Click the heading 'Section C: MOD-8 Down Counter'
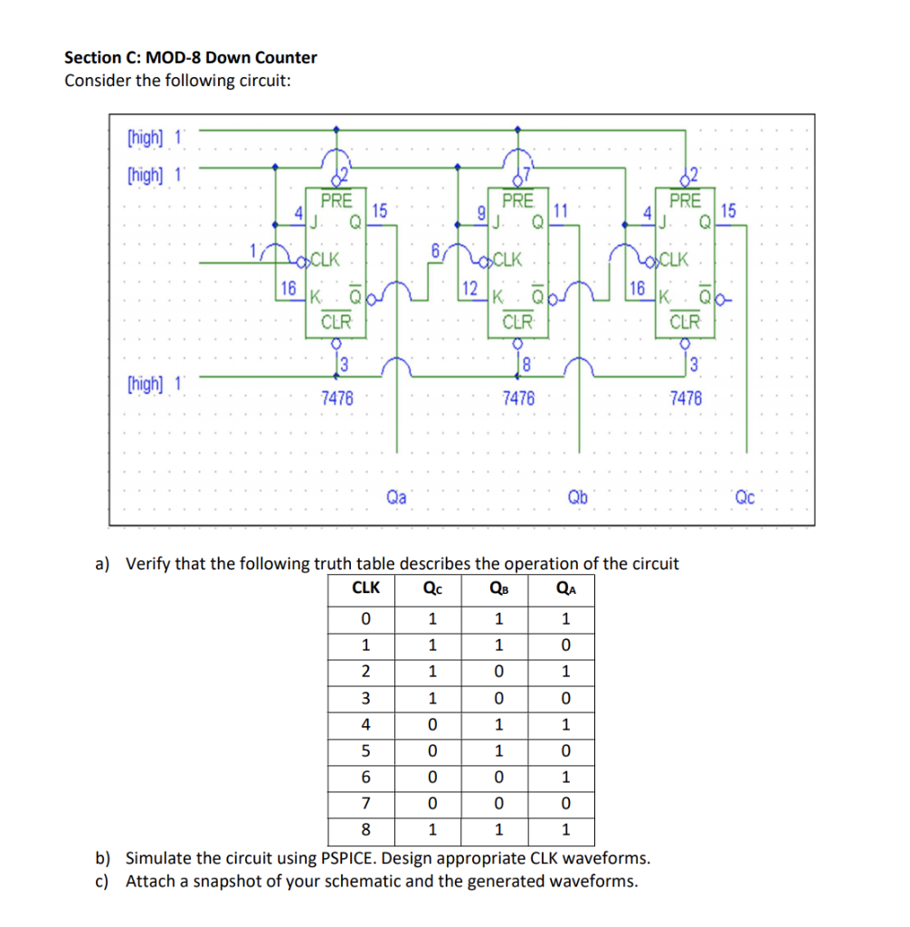(x=191, y=58)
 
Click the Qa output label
(x=396, y=496)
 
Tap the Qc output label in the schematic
(x=744, y=496)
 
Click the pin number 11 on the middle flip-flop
(x=561, y=211)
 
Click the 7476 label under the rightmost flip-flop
(x=685, y=397)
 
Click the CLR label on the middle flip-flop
(x=517, y=320)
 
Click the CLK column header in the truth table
(x=365, y=588)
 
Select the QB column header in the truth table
(x=498, y=588)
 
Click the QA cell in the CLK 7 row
(x=564, y=804)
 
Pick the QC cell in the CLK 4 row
(x=431, y=724)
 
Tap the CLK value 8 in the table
(x=365, y=830)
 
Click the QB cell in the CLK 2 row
(x=498, y=672)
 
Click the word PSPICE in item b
(x=348, y=858)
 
